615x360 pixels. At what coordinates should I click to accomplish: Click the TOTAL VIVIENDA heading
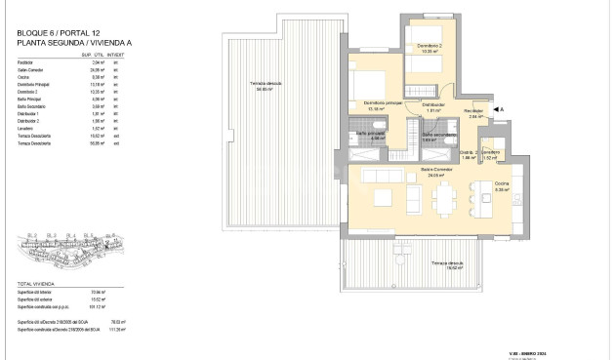tap(35, 284)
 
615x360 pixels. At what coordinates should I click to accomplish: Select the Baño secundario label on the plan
tap(434, 137)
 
